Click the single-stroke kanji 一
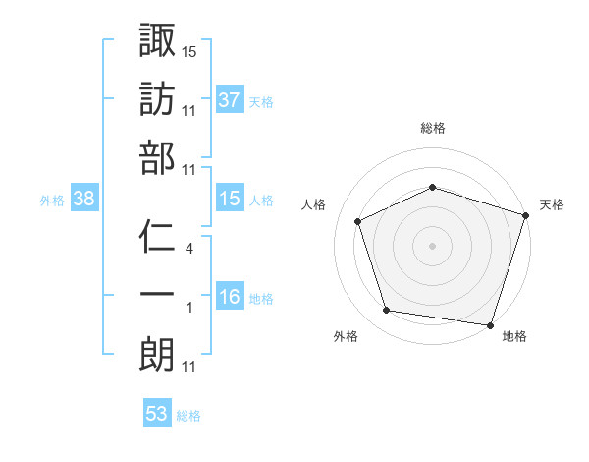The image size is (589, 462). point(157,295)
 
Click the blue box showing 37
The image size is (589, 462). point(229,99)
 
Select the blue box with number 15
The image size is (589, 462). point(229,200)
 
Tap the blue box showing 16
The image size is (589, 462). point(229,298)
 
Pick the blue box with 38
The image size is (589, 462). point(83,200)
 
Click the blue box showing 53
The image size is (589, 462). point(156,414)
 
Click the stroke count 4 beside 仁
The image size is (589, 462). point(189,249)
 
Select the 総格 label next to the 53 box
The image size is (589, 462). point(188,416)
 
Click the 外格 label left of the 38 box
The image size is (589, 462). point(52,201)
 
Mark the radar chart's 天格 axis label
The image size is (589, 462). point(552,204)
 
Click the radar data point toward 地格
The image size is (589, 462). point(490,324)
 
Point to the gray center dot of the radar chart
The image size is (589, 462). point(433,245)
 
